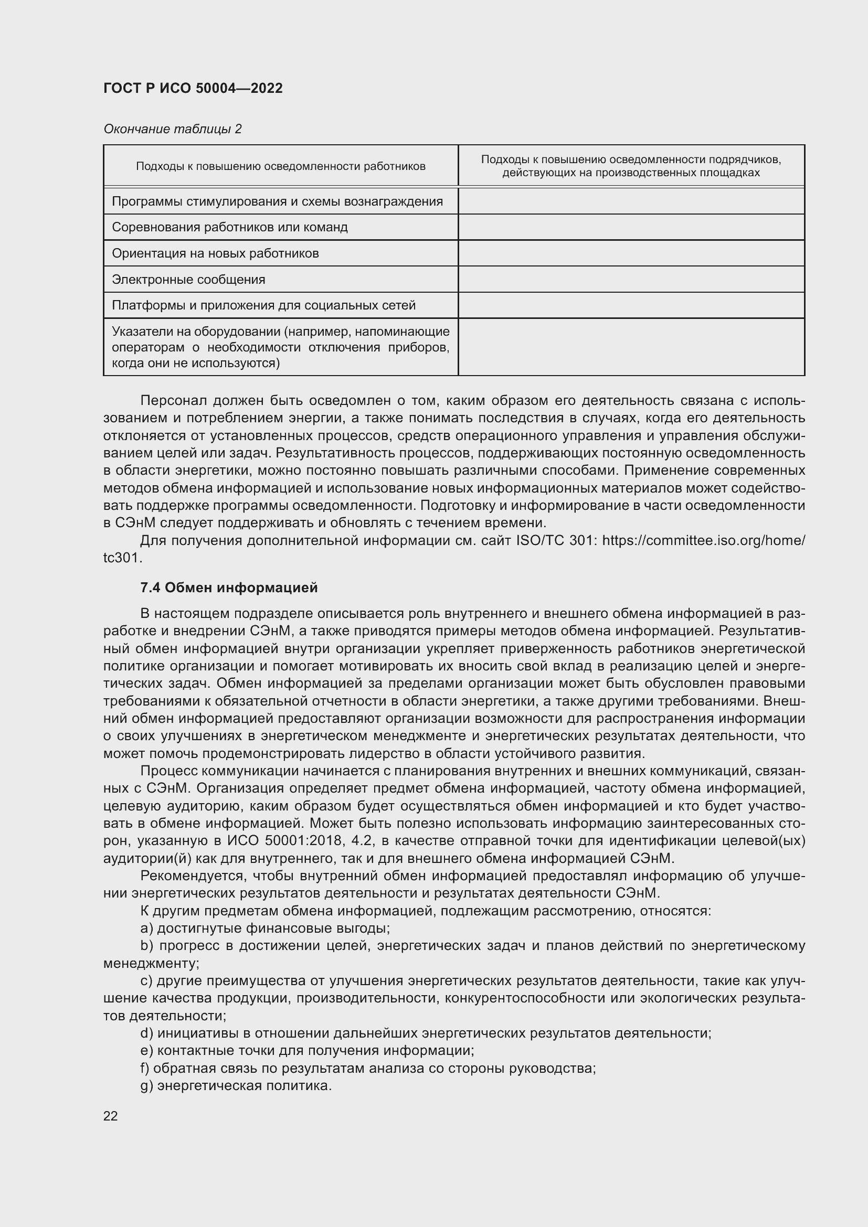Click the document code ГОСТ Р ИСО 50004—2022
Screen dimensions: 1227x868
[x=193, y=88]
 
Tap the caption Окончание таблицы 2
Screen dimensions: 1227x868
[x=172, y=129]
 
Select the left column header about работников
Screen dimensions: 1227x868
[x=281, y=166]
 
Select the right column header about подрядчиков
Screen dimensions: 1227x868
[x=631, y=166]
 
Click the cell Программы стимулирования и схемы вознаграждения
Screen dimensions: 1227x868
[x=278, y=201]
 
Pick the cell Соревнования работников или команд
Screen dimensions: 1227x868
[x=230, y=227]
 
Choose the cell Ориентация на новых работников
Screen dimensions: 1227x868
[x=215, y=253]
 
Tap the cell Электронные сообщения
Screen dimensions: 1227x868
[x=189, y=280]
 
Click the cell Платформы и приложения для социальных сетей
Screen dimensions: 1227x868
[x=263, y=305]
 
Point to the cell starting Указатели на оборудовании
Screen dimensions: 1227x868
[x=281, y=347]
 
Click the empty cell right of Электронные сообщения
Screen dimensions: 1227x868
[x=631, y=280]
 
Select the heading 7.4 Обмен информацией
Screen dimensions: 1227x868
[x=229, y=588]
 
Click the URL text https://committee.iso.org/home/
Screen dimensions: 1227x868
[x=703, y=541]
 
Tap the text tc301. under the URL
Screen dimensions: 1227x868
[x=123, y=558]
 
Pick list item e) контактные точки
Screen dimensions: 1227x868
[x=308, y=1051]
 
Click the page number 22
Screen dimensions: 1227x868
[x=111, y=1116]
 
